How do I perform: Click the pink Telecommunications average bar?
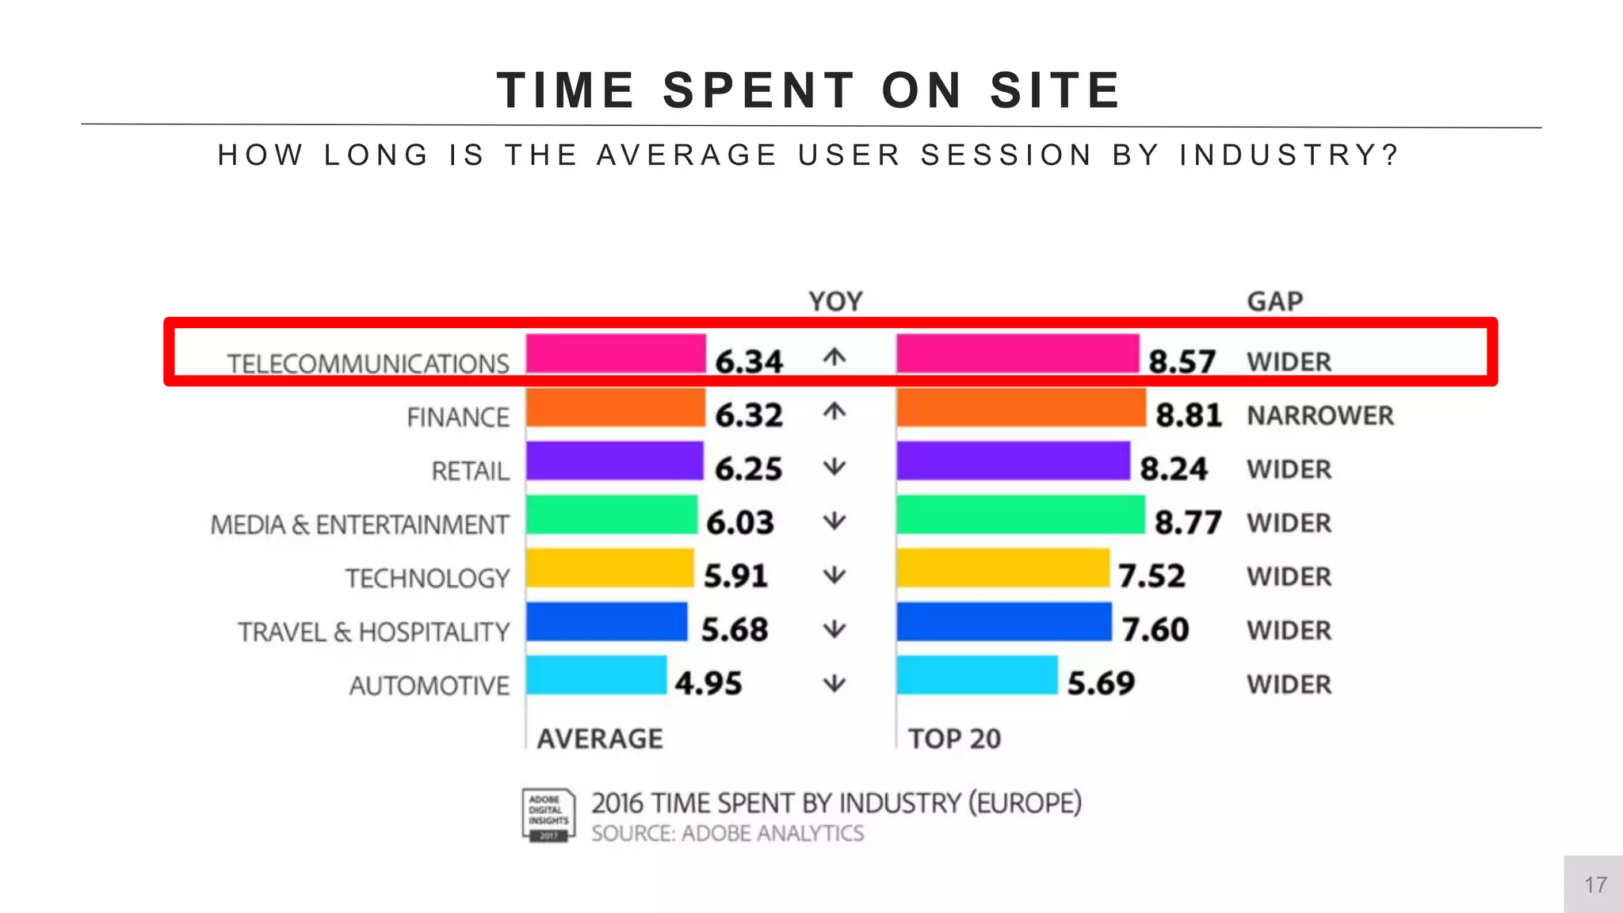(615, 353)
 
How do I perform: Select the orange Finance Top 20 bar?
(1021, 407)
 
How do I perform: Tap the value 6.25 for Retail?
(748, 469)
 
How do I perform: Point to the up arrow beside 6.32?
(834, 412)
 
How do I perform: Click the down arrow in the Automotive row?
(834, 683)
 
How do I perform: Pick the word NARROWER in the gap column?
(1319, 415)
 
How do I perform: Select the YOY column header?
(835, 302)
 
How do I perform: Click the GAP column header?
(1274, 302)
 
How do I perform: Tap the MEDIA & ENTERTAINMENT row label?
(359, 525)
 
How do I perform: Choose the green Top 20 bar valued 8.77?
(1020, 515)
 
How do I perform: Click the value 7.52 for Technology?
(1151, 576)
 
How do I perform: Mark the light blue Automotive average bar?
(596, 675)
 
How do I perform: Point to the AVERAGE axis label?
(600, 739)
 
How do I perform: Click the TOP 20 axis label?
(954, 739)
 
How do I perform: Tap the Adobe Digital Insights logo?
(548, 816)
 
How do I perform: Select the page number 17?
(1595, 885)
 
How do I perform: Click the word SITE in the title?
(1056, 90)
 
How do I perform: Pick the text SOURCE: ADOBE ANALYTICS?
(727, 834)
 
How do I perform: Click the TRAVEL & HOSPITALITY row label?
(373, 632)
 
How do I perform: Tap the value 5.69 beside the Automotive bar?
(1101, 683)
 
